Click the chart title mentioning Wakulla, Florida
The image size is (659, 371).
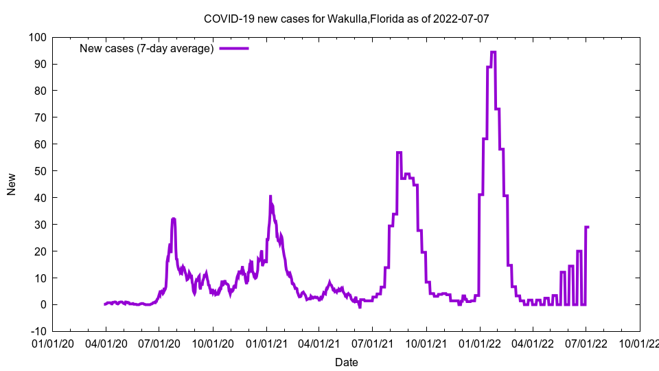[x=346, y=19]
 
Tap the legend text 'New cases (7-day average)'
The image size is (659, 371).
[x=147, y=48]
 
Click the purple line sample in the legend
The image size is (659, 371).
[x=233, y=48]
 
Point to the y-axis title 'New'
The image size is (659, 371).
[x=11, y=183]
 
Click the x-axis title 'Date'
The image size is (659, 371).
[x=346, y=362]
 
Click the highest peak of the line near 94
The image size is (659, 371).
[x=493, y=52]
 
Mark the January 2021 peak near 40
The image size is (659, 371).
[x=270, y=196]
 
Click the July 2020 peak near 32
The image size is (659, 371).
[x=174, y=218]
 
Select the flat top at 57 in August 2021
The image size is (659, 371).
[x=399, y=153]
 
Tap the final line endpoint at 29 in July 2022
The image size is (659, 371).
[x=588, y=227]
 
